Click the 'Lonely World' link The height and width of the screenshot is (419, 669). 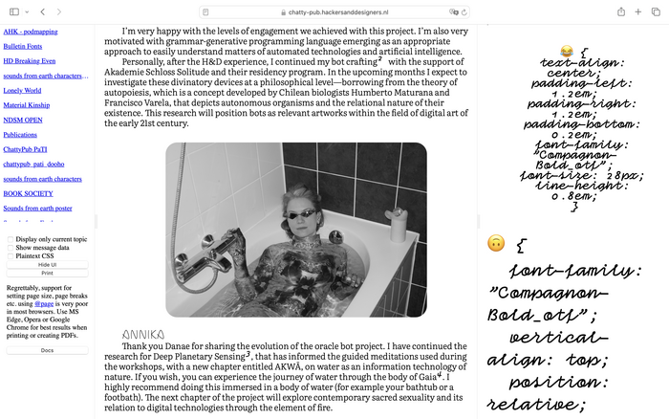point(21,90)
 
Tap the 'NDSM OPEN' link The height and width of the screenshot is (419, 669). point(23,120)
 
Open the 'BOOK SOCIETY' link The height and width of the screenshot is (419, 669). point(28,193)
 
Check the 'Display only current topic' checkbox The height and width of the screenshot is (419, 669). point(11,239)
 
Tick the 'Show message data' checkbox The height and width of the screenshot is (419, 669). point(11,248)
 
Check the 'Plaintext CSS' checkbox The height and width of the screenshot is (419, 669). point(11,256)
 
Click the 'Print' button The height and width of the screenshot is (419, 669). point(47,273)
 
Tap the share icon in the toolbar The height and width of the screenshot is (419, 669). point(621,11)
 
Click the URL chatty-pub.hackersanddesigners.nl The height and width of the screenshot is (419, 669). point(340,11)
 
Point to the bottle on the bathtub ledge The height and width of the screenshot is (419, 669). point(390,200)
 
